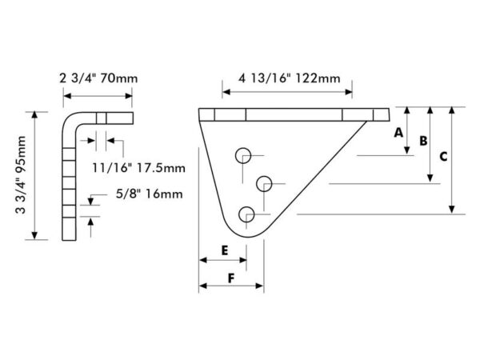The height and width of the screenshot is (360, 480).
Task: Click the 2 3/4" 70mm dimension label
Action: tap(98, 78)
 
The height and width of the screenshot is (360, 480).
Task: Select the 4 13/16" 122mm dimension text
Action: tap(290, 78)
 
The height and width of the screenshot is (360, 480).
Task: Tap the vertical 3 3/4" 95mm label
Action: tap(21, 175)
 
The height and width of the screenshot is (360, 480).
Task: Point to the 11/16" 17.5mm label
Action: tap(138, 168)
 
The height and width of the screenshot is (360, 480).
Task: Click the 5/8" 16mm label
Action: tap(149, 194)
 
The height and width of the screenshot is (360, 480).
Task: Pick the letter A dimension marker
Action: tap(398, 133)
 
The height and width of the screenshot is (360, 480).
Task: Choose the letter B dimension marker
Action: tap(423, 141)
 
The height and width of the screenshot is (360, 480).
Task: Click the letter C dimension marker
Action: tap(443, 157)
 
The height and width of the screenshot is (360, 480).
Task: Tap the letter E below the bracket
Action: tap(225, 250)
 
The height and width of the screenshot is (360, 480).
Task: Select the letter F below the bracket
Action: tap(231, 278)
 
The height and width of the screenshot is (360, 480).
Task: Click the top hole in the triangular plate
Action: tap(243, 156)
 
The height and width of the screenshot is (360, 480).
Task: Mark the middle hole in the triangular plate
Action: tap(264, 184)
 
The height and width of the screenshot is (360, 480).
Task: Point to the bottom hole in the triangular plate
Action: tap(246, 214)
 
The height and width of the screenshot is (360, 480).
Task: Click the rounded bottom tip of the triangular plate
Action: tap(248, 237)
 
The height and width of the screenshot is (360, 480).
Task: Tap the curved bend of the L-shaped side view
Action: tap(70, 119)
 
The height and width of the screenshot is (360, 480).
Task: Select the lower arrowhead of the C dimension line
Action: tap(452, 210)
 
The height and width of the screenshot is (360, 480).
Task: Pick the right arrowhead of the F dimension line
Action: tap(259, 286)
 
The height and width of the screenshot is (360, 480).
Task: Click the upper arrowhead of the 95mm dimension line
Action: tap(34, 116)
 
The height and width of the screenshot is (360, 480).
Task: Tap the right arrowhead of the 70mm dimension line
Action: tap(129, 96)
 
